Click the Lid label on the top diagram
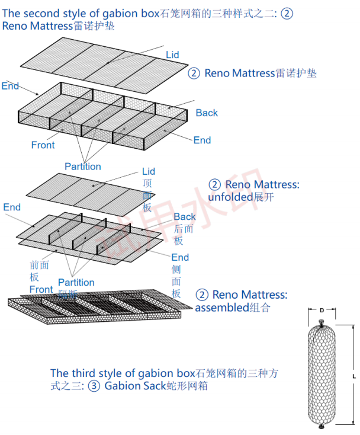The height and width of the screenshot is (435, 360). pos(172,55)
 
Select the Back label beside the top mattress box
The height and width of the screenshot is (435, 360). pos(207,113)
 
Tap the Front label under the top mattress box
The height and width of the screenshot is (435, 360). pos(43,145)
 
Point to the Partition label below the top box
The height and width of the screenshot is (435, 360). pos(83,167)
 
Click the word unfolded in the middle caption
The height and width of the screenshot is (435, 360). pos(230,197)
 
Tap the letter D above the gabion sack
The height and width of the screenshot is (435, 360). pos(322,311)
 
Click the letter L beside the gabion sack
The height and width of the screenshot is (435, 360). pos(353,376)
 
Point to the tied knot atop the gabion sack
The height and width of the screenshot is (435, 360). pos(321,324)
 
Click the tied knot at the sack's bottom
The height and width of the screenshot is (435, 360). pos(321,426)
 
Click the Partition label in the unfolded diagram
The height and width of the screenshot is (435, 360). pos(76,282)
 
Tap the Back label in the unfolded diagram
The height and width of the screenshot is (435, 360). pos(185,217)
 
